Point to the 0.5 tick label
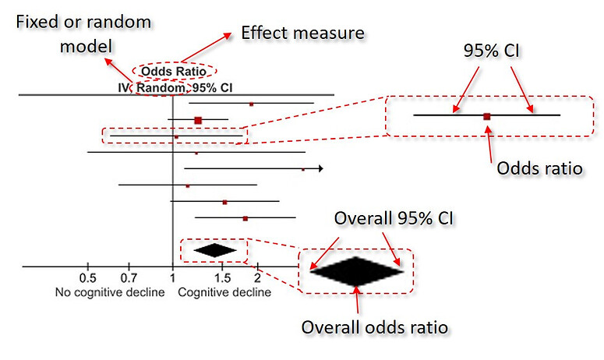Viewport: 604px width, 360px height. (x=87, y=278)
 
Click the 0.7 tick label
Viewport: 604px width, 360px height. (x=129, y=278)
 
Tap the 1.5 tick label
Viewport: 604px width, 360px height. (x=221, y=278)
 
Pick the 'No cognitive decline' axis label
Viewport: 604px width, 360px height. (x=109, y=293)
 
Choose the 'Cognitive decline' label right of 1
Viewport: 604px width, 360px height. (x=225, y=293)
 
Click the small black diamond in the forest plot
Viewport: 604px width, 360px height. (x=214, y=250)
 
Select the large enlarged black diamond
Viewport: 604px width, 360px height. (x=356, y=270)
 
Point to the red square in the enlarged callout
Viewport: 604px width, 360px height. (x=487, y=116)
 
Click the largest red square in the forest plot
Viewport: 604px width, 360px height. (x=198, y=120)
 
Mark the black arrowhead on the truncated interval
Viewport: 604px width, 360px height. (x=320, y=168)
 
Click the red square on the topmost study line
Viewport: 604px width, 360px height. (x=251, y=103)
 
